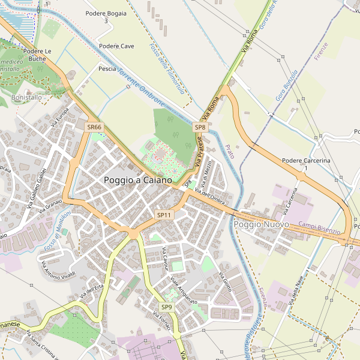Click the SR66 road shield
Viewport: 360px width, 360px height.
point(94,127)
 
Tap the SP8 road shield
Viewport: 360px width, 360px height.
point(200,127)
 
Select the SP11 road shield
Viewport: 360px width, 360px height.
point(164,215)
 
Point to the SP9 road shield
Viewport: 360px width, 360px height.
point(166,307)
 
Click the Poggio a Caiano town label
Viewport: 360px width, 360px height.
point(137,180)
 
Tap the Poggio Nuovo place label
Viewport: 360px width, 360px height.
point(262,224)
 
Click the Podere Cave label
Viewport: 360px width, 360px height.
point(116,46)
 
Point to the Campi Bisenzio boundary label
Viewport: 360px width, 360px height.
point(319,228)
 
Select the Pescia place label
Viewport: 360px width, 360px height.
point(107,69)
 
